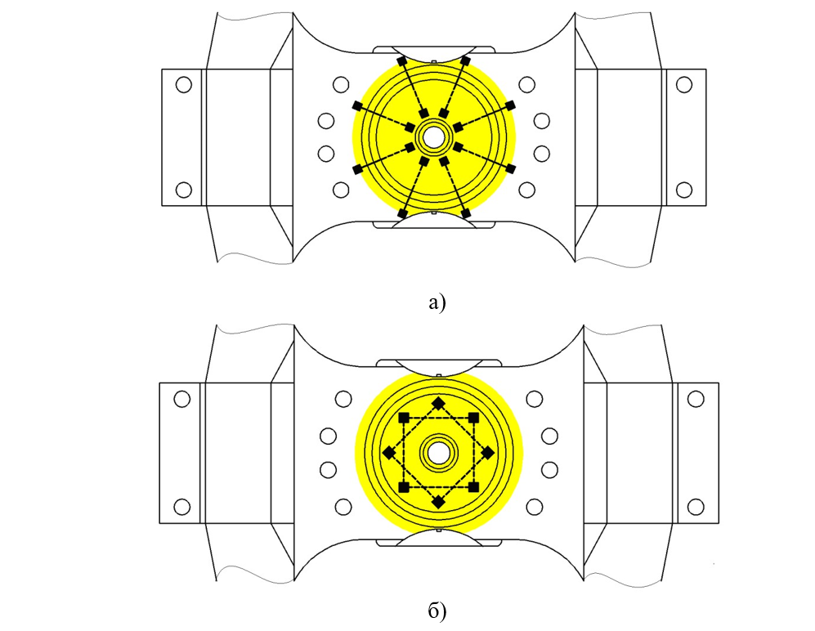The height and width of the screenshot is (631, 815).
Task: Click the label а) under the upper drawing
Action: pos(437,302)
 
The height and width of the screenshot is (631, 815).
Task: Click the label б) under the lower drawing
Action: pos(437,611)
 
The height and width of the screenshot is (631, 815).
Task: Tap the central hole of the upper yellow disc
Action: pos(433,138)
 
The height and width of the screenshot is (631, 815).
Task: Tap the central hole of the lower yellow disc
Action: pos(439,453)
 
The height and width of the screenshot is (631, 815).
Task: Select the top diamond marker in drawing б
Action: pos(439,403)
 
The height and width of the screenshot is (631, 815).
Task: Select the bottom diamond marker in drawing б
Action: pos(439,502)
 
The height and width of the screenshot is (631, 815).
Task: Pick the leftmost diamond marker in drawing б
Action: pos(389,453)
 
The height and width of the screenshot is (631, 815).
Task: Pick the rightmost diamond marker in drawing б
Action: pos(488,453)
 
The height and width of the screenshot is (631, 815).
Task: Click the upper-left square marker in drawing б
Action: pos(404,418)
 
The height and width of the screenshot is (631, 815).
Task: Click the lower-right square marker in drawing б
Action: pos(473,487)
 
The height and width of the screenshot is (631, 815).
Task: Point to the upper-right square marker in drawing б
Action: pos(473,418)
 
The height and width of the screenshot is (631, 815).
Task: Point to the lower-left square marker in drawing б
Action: pos(404,487)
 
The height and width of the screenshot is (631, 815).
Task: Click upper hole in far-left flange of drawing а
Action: pos(183,84)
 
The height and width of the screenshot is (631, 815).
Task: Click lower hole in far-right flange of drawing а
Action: pos(684,190)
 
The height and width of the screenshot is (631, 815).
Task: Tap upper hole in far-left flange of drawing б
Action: pos(182,399)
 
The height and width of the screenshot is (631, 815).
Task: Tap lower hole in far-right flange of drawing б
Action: pos(696,507)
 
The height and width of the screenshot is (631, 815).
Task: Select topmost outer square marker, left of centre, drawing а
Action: pos(402,61)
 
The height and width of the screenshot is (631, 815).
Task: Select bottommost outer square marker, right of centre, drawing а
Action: pos(466,213)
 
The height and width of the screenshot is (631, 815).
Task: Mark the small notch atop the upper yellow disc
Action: pos(434,62)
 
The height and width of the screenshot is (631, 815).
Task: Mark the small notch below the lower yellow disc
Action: pos(439,530)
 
